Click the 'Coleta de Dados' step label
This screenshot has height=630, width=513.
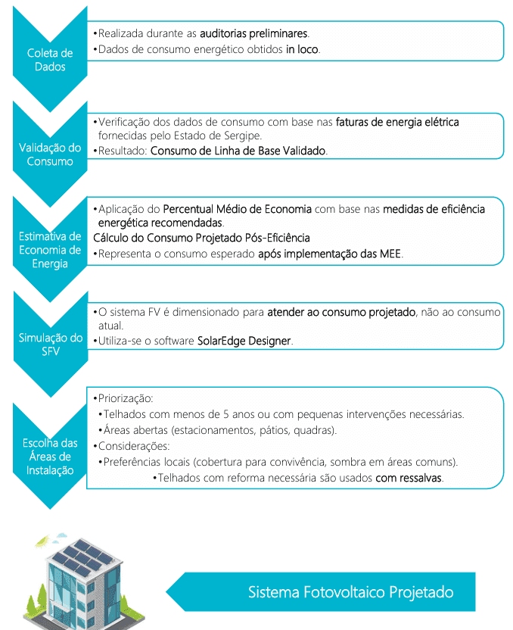point(50,60)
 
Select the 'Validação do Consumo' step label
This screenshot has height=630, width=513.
point(50,154)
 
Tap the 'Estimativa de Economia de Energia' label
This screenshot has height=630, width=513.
point(50,250)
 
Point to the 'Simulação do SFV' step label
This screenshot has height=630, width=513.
point(50,345)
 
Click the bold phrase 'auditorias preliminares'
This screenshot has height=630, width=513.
point(253,34)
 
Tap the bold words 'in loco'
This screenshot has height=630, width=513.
point(303,49)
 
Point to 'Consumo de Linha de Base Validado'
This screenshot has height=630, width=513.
point(238,151)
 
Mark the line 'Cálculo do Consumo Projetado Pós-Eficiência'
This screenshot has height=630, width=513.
point(201,239)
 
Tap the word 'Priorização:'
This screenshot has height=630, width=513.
point(123,398)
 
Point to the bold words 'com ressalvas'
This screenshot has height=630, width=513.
point(409,479)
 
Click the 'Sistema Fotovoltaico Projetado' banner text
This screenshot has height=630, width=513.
point(350,591)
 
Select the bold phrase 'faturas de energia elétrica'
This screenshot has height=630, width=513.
point(397,121)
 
